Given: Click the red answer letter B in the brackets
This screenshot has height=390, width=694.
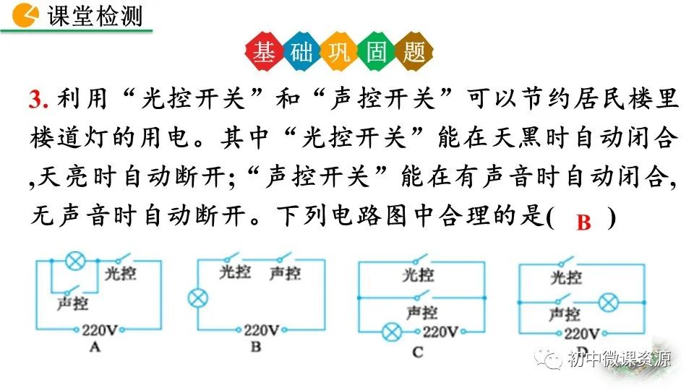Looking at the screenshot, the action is [583, 223].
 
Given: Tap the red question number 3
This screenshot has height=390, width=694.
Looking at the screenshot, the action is [38, 100].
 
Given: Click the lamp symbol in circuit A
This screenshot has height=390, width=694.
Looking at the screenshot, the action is [74, 261].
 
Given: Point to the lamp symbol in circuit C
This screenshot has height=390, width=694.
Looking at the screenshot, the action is [392, 333].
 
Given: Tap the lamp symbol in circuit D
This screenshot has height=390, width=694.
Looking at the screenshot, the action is [608, 303].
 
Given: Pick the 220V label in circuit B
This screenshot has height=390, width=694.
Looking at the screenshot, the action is [261, 331].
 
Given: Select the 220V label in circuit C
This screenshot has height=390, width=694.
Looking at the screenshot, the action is [440, 333].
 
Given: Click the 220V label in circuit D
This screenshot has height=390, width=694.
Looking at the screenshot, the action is [581, 334].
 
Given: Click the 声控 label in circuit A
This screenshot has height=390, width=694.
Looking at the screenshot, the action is [72, 303].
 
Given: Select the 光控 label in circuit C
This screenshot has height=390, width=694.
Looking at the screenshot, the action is [419, 274].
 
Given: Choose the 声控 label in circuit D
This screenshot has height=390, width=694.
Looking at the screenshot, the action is [564, 314].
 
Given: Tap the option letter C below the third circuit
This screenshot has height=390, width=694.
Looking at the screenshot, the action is [417, 352].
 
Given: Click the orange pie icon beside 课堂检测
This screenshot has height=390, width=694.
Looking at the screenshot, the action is [27, 14].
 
